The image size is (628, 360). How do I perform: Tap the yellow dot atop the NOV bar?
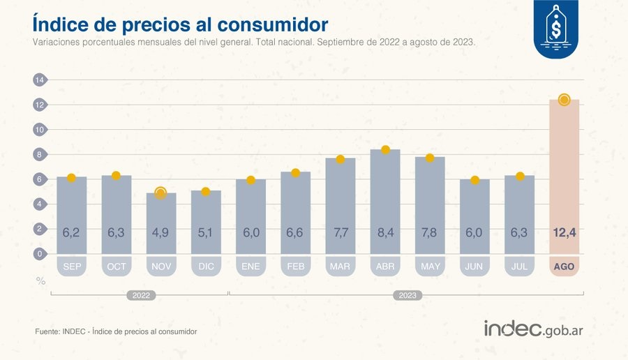click(160, 193)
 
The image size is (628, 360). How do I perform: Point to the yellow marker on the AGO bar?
click(564, 100)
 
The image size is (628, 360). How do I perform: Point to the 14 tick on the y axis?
click(39, 80)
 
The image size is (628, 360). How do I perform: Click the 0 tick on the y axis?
click(39, 254)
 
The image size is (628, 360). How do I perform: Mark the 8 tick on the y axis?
click(39, 155)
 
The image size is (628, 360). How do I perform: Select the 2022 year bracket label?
click(140, 296)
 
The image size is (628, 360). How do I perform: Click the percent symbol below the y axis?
click(40, 280)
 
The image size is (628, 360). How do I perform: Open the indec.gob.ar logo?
click(533, 329)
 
